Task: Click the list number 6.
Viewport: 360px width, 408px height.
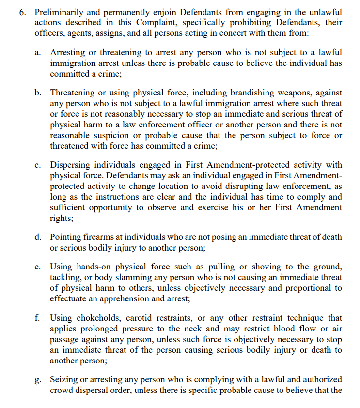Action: (22, 12)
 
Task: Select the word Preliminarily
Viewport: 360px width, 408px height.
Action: (58, 12)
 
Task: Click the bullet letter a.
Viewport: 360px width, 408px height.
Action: (38, 52)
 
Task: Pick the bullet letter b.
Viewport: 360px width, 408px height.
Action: (38, 93)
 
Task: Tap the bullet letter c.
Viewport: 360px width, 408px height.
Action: (38, 165)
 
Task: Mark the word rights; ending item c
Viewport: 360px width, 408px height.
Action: (62, 219)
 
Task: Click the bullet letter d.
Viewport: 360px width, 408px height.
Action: (38, 237)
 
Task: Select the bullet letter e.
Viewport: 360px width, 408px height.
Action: (38, 267)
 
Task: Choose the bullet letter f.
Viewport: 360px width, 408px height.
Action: (38, 318)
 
